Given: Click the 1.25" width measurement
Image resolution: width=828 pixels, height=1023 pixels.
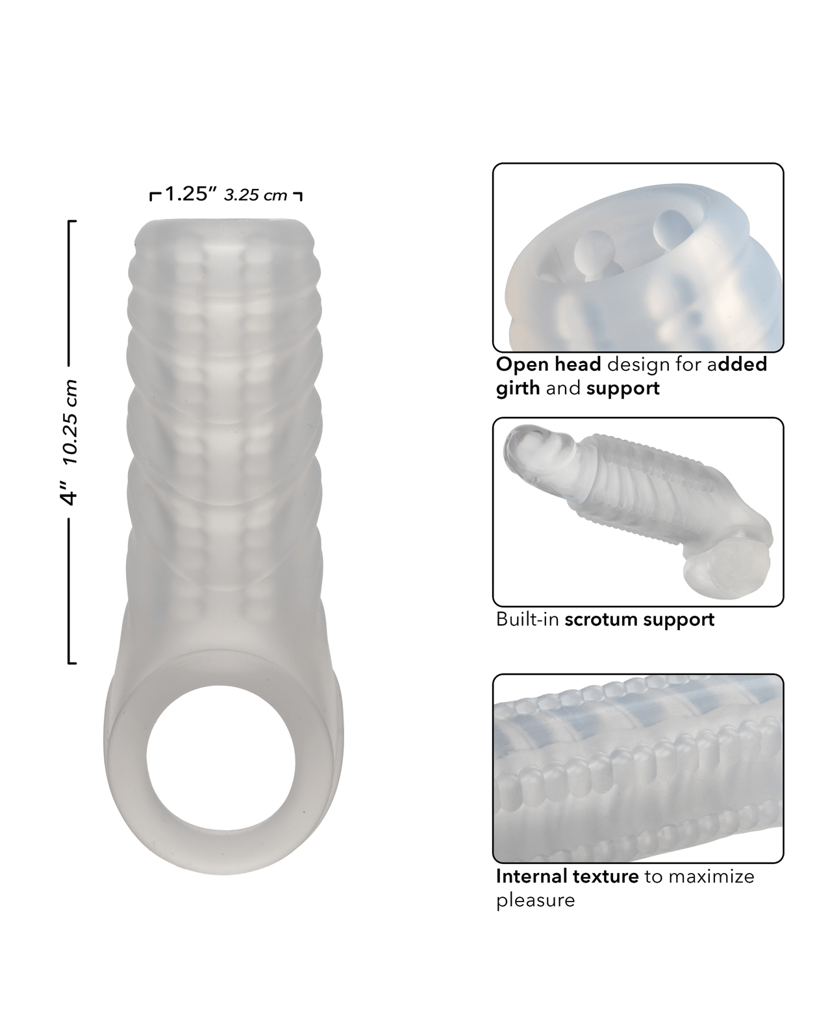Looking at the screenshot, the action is pyautogui.click(x=191, y=194).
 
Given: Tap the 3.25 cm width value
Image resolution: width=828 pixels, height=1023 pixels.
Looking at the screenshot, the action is pyautogui.click(x=255, y=196).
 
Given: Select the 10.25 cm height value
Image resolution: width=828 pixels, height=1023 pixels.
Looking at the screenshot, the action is pyautogui.click(x=70, y=422).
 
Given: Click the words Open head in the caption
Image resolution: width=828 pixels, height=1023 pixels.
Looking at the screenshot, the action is pyautogui.click(x=549, y=364).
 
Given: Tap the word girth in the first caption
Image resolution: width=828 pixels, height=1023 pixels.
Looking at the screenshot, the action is pyautogui.click(x=518, y=388).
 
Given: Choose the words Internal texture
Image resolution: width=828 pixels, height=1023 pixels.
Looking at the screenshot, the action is pyautogui.click(x=567, y=876).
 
